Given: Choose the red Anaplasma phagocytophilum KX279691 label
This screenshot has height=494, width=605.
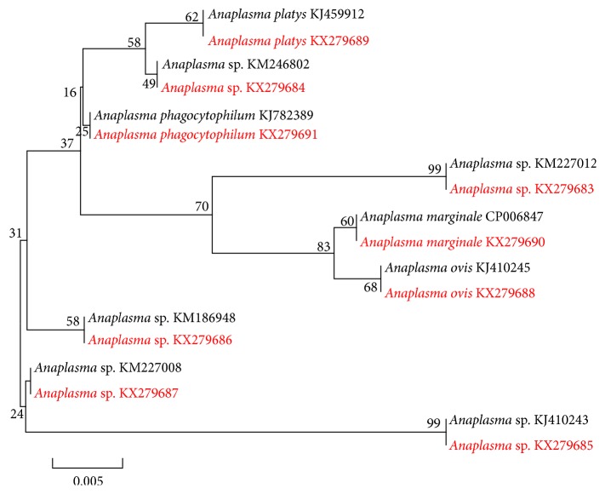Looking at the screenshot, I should [x=204, y=134].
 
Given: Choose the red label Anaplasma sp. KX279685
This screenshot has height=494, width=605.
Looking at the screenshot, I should [x=523, y=445].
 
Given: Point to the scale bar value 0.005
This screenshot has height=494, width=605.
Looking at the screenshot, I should [x=88, y=480].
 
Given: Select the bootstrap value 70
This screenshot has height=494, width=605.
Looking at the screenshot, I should [x=202, y=206].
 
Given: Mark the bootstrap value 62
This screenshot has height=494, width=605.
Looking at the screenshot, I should [x=191, y=16].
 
